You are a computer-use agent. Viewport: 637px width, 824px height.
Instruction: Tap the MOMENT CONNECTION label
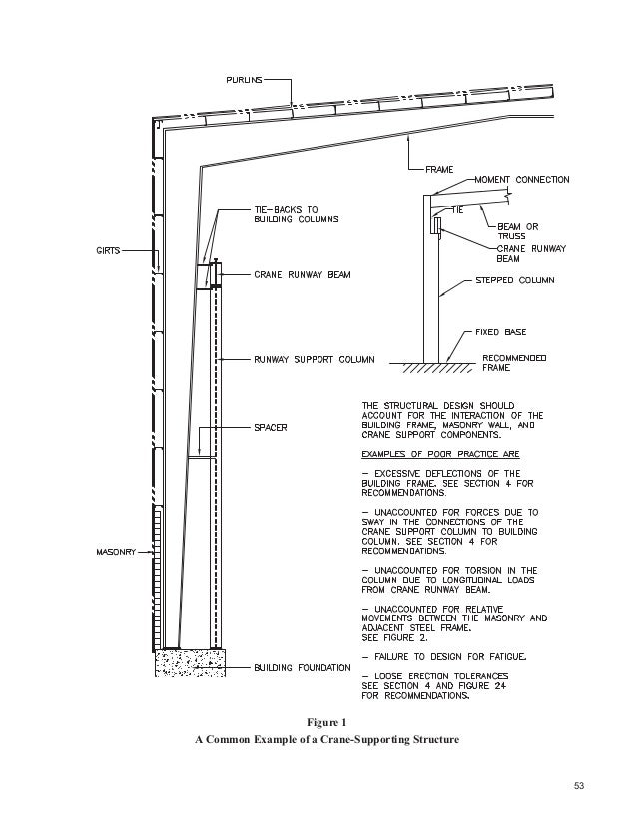[x=528, y=180]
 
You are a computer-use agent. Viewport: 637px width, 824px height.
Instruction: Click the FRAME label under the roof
[x=440, y=168]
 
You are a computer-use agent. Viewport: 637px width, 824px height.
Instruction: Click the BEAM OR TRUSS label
[x=520, y=229]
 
